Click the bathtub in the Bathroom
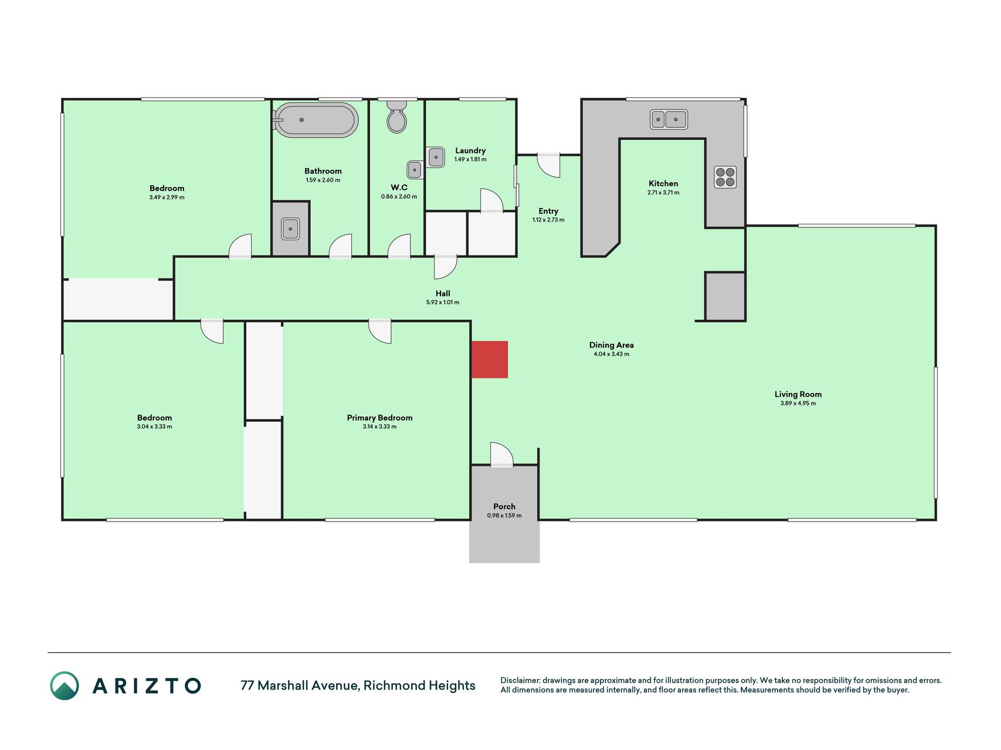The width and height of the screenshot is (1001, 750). point(315,120)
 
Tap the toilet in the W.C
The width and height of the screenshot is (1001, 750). point(397,116)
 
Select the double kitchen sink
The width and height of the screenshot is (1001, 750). point(669,120)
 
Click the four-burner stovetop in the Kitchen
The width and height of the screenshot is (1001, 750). point(725,177)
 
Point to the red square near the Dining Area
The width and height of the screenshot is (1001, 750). point(490,359)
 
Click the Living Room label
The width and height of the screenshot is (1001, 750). point(798,394)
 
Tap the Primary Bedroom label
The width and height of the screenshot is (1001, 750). point(379,418)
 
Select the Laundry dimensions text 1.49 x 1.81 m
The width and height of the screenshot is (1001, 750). point(470,159)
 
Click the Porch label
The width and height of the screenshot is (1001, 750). point(504,506)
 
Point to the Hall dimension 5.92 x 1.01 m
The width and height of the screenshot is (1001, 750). point(443,302)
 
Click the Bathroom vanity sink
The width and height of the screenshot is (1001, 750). point(290,229)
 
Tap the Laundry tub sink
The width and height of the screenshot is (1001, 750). point(436,157)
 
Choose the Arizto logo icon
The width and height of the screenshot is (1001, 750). point(65,686)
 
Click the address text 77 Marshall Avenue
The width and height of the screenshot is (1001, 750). point(299,686)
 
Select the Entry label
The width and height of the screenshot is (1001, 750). point(548,211)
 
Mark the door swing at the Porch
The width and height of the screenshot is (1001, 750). point(502,454)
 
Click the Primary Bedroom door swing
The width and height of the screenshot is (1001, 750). point(380,331)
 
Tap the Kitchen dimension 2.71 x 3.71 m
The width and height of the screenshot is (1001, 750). point(663,193)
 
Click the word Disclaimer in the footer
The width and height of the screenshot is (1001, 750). point(520,680)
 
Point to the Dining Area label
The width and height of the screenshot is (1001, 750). point(611,345)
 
